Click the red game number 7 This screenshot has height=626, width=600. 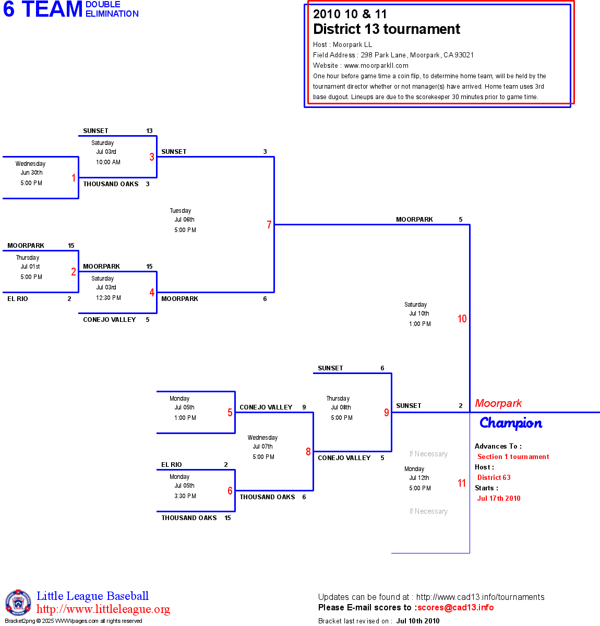click(x=269, y=225)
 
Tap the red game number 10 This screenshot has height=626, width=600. click(x=462, y=319)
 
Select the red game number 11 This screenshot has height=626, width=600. click(x=462, y=483)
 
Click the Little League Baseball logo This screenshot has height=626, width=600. click(x=18, y=603)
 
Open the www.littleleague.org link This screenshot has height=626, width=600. click(x=103, y=609)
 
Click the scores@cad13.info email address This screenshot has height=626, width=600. click(x=455, y=607)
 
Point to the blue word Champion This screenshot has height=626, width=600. click(x=511, y=423)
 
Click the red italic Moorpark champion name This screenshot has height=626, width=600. click(x=498, y=403)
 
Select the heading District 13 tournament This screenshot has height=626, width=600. click(x=387, y=29)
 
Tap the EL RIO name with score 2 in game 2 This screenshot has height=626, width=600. click(x=18, y=299)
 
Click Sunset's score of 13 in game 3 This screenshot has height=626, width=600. click(x=149, y=131)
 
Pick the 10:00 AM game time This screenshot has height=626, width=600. click(x=108, y=162)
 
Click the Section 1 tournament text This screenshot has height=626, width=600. click(x=513, y=456)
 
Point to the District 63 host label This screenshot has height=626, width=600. click(x=494, y=477)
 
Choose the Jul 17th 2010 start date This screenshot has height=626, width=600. click(x=499, y=498)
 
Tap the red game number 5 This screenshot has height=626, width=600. click(x=230, y=413)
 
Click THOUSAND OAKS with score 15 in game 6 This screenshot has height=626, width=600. click(x=189, y=518)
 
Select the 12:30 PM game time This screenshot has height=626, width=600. click(x=108, y=298)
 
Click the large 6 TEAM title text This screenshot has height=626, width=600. click(x=43, y=9)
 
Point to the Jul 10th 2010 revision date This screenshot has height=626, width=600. click(x=417, y=621)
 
